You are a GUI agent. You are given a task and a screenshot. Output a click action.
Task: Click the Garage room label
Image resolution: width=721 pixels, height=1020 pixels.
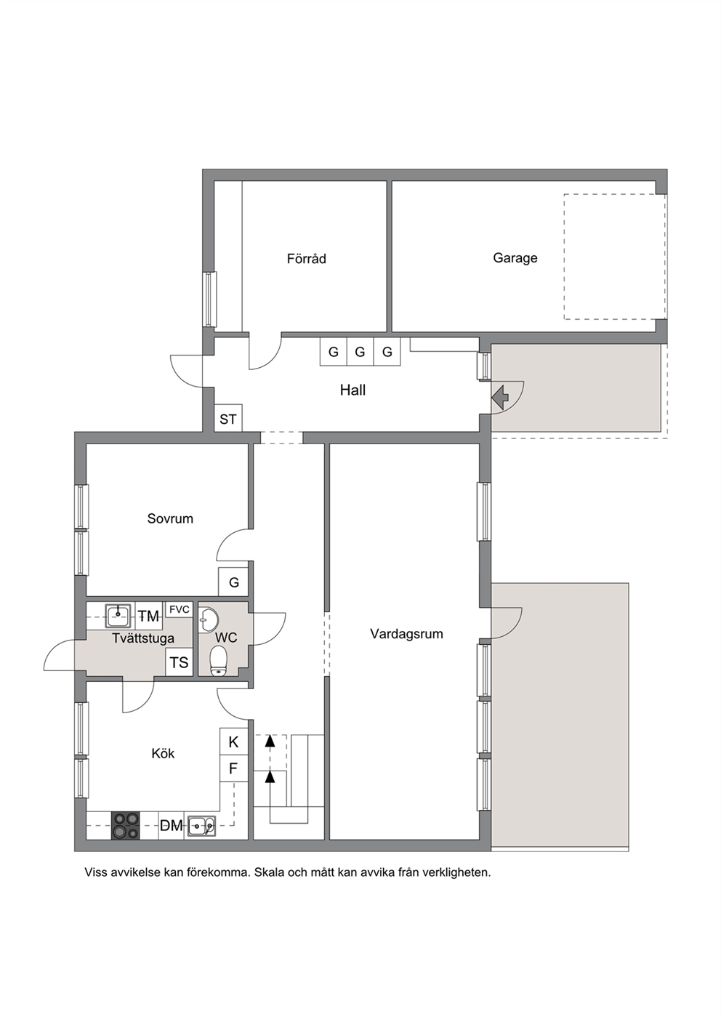pyautogui.click(x=515, y=258)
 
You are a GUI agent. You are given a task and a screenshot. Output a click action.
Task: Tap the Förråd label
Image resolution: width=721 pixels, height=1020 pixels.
pyautogui.click(x=306, y=259)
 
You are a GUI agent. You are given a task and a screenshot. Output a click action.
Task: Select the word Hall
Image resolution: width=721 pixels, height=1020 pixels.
pyautogui.click(x=353, y=390)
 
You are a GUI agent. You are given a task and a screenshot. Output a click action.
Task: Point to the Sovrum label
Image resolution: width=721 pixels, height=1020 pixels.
pyautogui.click(x=170, y=518)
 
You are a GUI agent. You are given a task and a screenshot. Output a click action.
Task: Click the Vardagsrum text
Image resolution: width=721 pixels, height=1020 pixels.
pyautogui.click(x=406, y=634)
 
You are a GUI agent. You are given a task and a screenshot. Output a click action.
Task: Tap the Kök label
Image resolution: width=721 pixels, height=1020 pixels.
pyautogui.click(x=163, y=754)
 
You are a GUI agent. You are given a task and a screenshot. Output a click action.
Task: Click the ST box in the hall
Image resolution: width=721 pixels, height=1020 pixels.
pyautogui.click(x=228, y=417)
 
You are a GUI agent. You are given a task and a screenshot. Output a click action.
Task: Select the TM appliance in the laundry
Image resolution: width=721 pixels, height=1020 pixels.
pyautogui.click(x=148, y=616)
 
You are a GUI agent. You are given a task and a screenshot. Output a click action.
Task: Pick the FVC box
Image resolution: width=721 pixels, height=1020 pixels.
pyautogui.click(x=180, y=610)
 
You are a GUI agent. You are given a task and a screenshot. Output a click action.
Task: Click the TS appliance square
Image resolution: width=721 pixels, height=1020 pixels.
pyautogui.click(x=180, y=662)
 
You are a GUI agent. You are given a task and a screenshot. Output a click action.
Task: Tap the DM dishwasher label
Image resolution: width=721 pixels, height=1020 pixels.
pyautogui.click(x=171, y=826)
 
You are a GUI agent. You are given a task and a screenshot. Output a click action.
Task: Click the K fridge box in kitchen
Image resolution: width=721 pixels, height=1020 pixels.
pyautogui.click(x=233, y=742)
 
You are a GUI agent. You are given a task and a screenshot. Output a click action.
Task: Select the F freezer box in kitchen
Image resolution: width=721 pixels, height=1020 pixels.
pyautogui.click(x=233, y=769)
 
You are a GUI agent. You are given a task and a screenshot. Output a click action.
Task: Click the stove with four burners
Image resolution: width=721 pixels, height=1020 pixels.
pyautogui.click(x=126, y=826)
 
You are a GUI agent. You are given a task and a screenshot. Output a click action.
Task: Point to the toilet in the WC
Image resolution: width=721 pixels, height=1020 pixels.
pyautogui.click(x=219, y=660)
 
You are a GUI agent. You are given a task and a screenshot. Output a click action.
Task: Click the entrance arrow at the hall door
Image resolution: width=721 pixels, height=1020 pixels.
pyautogui.click(x=500, y=397)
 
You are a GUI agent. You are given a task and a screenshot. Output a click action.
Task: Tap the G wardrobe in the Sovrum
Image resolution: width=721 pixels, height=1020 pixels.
pyautogui.click(x=233, y=582)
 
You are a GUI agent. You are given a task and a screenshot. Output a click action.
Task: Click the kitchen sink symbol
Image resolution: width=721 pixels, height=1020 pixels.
pyautogui.click(x=201, y=826)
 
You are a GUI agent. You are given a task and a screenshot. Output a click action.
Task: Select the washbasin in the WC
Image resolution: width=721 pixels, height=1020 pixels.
pyautogui.click(x=209, y=619)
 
